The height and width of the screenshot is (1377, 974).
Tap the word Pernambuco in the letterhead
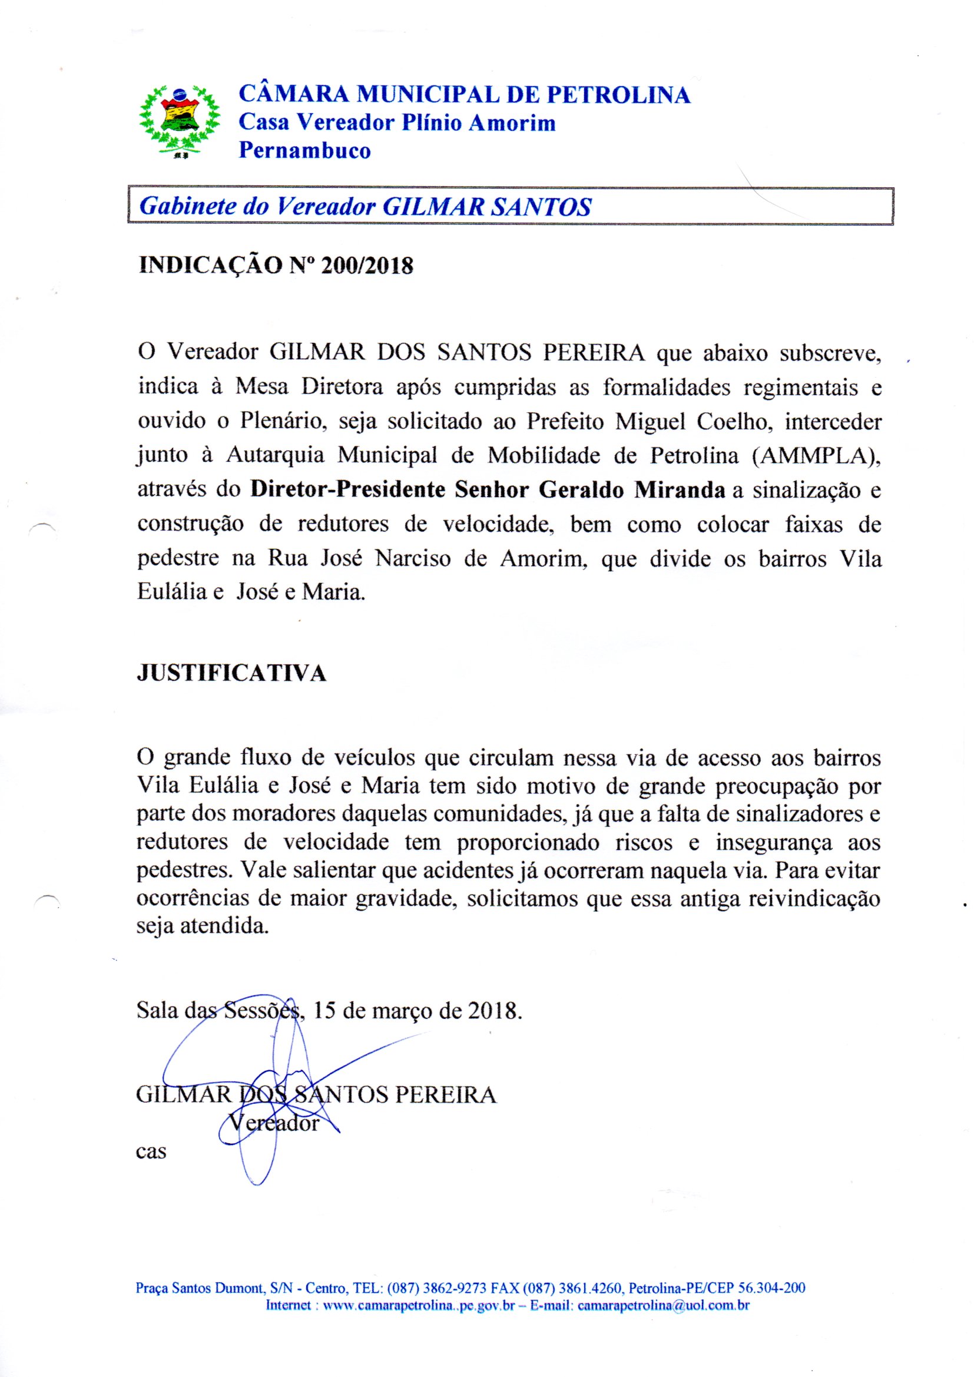(304, 150)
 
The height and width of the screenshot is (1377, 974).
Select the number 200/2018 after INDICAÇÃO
(367, 265)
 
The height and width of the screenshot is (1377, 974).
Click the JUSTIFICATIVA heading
(231, 673)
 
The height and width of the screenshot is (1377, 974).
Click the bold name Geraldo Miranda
(632, 489)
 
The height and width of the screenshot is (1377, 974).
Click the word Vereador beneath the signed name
(274, 1121)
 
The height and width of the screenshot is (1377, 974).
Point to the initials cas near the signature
(151, 1152)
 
